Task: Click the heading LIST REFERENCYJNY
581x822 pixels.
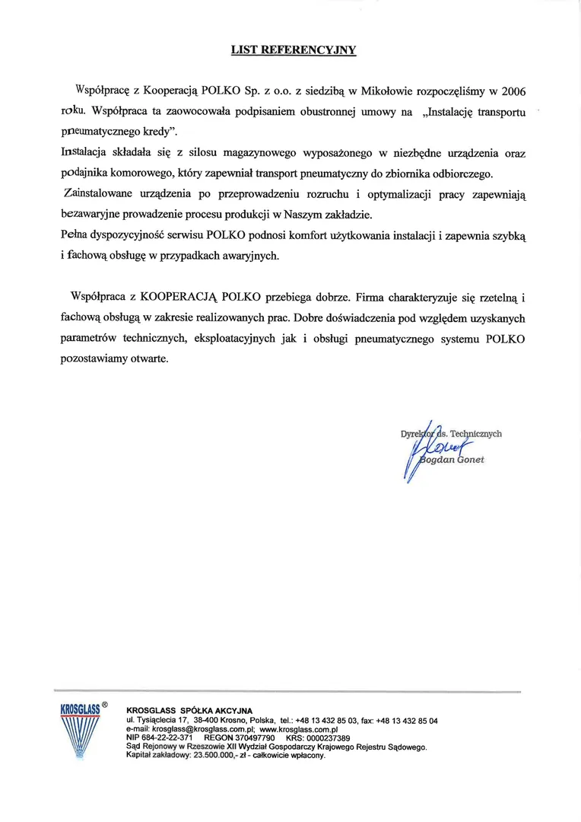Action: [294, 50]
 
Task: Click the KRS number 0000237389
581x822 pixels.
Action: [329, 738]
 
